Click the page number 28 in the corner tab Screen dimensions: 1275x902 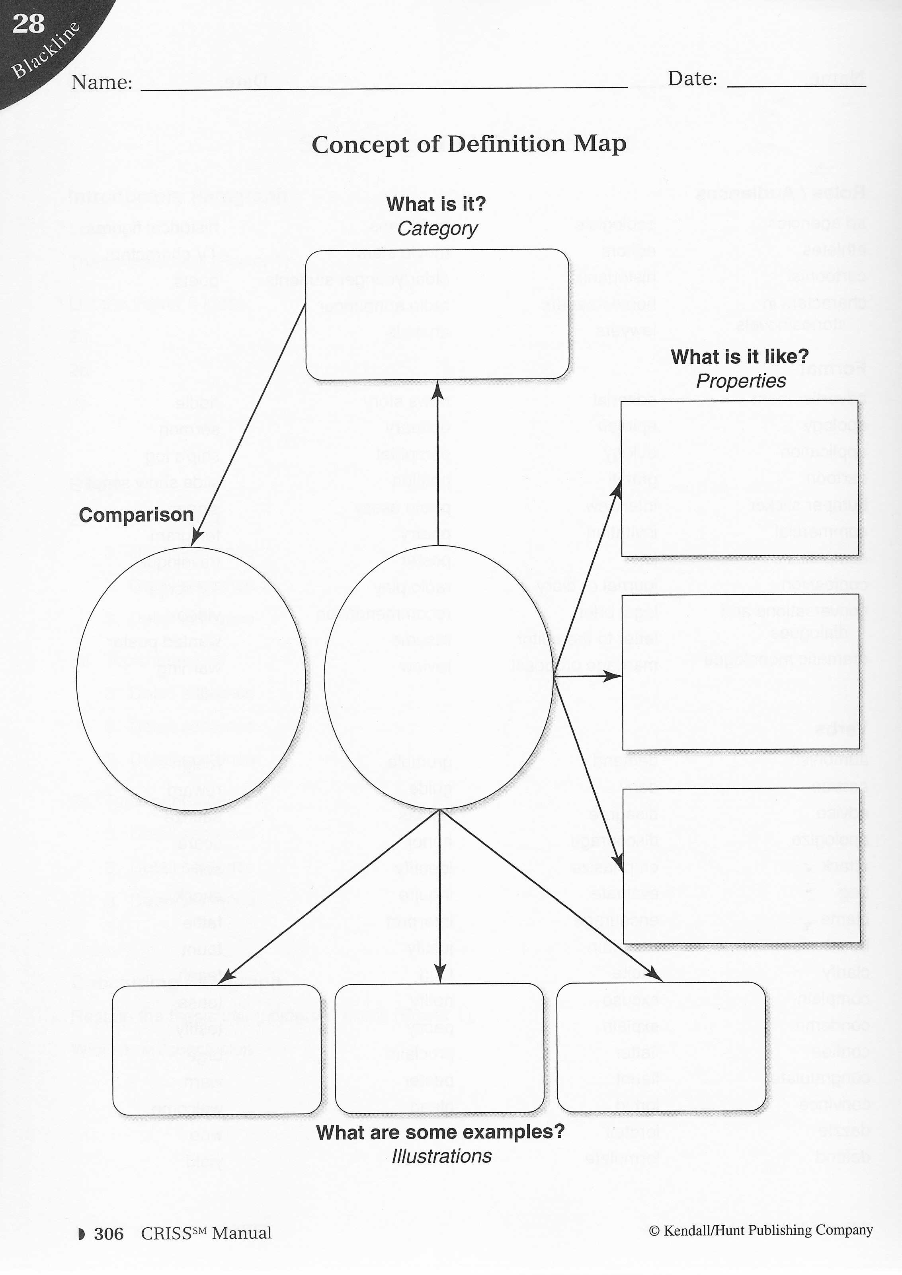(x=28, y=24)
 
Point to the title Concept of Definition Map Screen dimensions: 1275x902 (x=469, y=144)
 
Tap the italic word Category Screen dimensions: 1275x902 (x=437, y=229)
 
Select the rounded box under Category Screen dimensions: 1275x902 (x=437, y=315)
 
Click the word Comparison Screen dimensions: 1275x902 (x=136, y=515)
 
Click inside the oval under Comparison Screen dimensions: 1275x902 (x=191, y=677)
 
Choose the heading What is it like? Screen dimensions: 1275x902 (x=739, y=357)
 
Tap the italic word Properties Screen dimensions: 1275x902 (x=741, y=381)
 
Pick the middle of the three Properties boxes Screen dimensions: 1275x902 (x=740, y=672)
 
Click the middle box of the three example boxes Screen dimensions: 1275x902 (x=439, y=1049)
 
